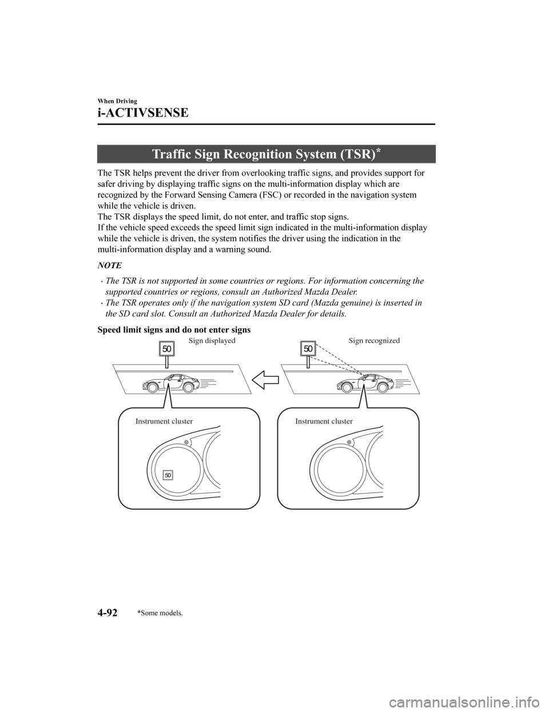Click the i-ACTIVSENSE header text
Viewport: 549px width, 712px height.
pos(143,113)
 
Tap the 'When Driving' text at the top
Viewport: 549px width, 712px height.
pos(116,101)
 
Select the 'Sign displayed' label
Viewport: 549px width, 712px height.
pos(212,340)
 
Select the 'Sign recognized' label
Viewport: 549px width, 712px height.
pos(374,340)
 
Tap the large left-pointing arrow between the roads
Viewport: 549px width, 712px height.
pos(266,380)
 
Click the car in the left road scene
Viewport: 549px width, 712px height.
pos(170,382)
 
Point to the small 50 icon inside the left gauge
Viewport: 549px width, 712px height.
pos(168,474)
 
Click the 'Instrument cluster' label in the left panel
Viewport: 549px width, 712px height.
pos(164,421)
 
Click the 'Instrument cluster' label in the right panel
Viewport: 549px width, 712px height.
pos(324,421)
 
